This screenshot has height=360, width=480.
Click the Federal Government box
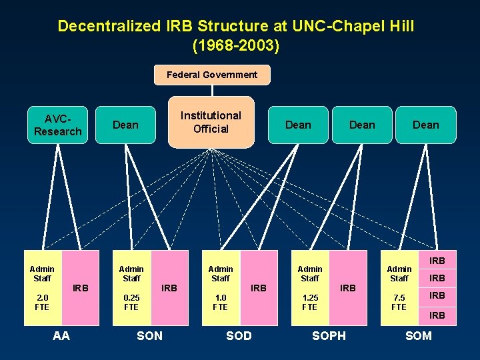pos(211,75)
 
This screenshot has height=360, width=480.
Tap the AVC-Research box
pos(57,125)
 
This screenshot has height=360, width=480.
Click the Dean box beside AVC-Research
pos(125,125)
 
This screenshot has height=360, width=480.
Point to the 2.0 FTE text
pos(42,301)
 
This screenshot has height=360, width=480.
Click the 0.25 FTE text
pos(131,301)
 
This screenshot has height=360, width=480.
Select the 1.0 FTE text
pos(220,301)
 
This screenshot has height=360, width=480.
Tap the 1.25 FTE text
pos(309,301)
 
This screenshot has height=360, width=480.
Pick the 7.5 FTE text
pos(399,301)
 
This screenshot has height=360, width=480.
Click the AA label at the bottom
pos(61,336)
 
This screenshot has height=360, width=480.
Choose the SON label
pos(149,336)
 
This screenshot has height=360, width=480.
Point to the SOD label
pos(239,336)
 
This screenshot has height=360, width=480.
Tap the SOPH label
pos(329,336)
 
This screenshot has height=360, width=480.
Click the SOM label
pos(419,336)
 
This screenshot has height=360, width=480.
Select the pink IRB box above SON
pos(169,288)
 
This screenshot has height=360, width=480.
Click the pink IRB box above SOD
pos(258,288)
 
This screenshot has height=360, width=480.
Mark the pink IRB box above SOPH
pos(347,288)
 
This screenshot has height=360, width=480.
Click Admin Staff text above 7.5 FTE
pos(399,273)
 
